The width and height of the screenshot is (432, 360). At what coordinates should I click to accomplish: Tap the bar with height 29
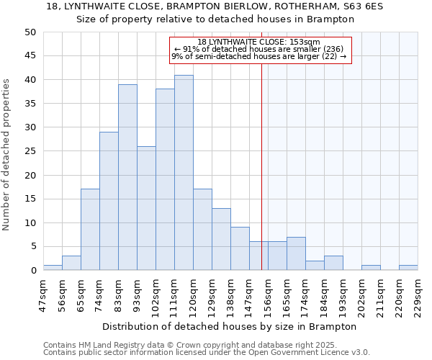109,201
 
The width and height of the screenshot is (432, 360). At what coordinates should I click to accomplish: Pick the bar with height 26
146,208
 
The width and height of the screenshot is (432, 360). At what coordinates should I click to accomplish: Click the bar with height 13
221,239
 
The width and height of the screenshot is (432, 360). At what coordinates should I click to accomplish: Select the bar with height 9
240,248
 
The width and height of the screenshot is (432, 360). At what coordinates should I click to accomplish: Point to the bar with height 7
296,253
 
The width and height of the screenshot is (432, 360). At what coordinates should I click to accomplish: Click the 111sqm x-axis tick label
174,294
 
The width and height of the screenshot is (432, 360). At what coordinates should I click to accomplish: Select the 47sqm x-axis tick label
43,294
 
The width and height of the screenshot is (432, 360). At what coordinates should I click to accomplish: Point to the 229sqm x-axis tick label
418,294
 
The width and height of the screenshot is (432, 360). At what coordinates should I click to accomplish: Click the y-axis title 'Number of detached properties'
7,151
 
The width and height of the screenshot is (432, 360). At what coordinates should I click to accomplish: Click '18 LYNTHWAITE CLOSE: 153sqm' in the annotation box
258,42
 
